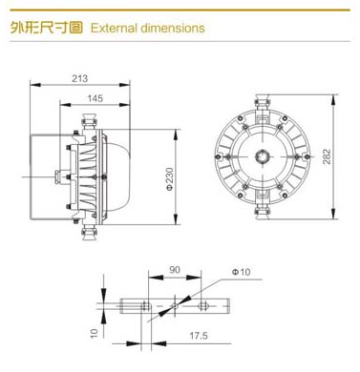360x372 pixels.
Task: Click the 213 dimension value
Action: click(x=79, y=78)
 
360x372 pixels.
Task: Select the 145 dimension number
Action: click(x=95, y=98)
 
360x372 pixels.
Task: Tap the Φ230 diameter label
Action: click(x=170, y=178)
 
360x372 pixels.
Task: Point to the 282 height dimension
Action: click(x=327, y=156)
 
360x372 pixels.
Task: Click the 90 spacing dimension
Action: click(x=175, y=270)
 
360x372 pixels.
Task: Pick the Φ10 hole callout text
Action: click(x=242, y=272)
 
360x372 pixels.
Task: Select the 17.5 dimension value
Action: click(x=199, y=336)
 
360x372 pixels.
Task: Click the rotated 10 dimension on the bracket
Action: click(x=95, y=333)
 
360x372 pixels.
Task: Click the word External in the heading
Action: click(x=114, y=28)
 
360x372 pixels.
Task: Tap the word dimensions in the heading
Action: click(x=173, y=28)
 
